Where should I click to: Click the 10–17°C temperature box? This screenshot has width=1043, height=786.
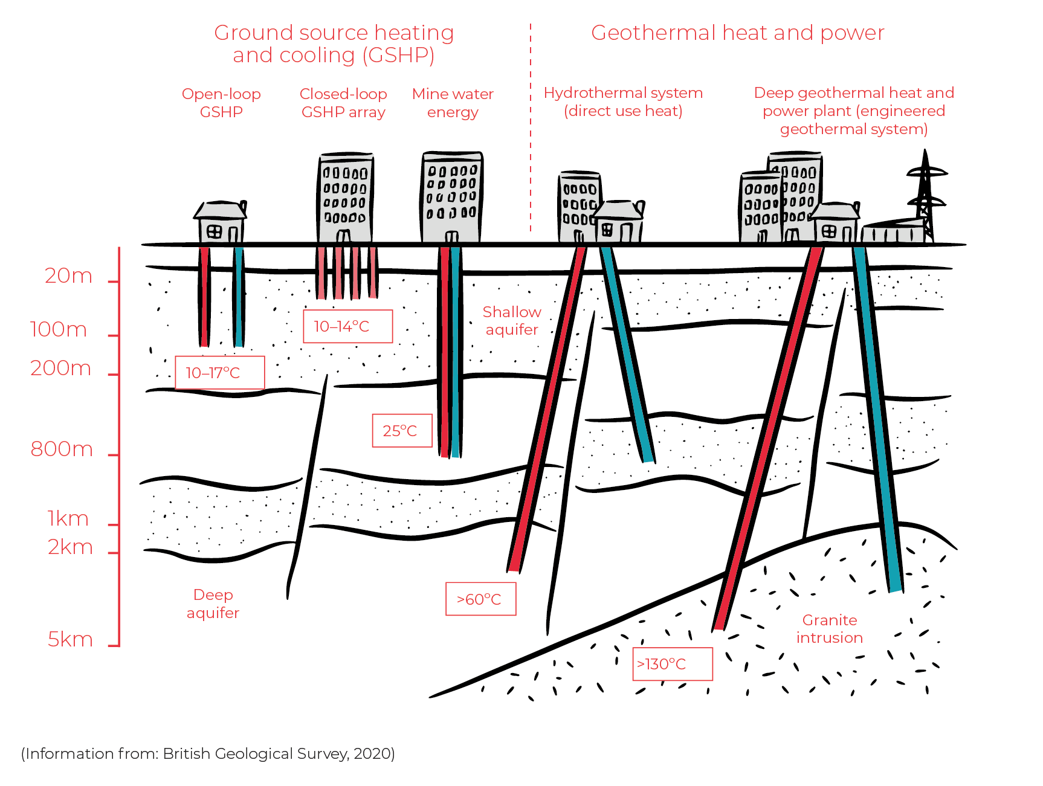(x=219, y=373)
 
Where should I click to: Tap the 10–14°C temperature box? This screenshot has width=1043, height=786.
(x=347, y=326)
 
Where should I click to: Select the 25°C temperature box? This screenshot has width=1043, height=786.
(x=402, y=431)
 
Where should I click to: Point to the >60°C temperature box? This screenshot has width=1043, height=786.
(x=480, y=599)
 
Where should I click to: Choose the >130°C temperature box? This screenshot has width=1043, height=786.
(x=672, y=664)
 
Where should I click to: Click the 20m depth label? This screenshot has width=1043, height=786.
(x=69, y=276)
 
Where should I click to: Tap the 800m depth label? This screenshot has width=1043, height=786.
(x=62, y=449)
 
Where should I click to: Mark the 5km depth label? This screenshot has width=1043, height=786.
(x=70, y=639)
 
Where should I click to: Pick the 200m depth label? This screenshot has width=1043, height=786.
(x=61, y=369)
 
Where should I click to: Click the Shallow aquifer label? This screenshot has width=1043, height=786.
(x=511, y=321)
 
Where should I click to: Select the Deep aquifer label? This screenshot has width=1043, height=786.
(x=213, y=604)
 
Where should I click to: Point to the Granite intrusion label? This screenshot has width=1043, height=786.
(x=829, y=629)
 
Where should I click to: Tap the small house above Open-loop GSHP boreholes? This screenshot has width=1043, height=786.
(x=221, y=222)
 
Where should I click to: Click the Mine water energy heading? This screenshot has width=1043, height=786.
(x=453, y=103)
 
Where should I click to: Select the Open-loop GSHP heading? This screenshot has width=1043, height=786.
(x=221, y=103)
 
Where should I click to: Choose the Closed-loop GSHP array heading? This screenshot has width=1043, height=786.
(x=343, y=103)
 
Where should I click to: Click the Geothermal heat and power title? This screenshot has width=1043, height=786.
(x=737, y=33)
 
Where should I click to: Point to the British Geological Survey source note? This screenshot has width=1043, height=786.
(x=208, y=753)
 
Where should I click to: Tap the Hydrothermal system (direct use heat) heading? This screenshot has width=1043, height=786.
(x=623, y=101)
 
